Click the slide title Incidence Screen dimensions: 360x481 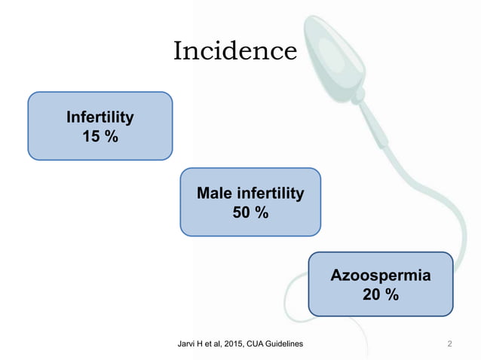[235, 51]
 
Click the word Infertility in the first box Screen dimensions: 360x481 [100, 117]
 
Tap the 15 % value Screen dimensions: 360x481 [100, 136]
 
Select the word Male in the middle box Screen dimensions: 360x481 [213, 194]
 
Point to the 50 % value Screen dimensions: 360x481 [250, 213]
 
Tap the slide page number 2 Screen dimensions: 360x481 [449, 344]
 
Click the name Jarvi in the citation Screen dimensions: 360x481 [185, 344]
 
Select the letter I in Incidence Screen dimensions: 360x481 [179, 51]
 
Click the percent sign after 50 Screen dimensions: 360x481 [262, 213]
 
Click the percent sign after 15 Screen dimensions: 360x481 [111, 136]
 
